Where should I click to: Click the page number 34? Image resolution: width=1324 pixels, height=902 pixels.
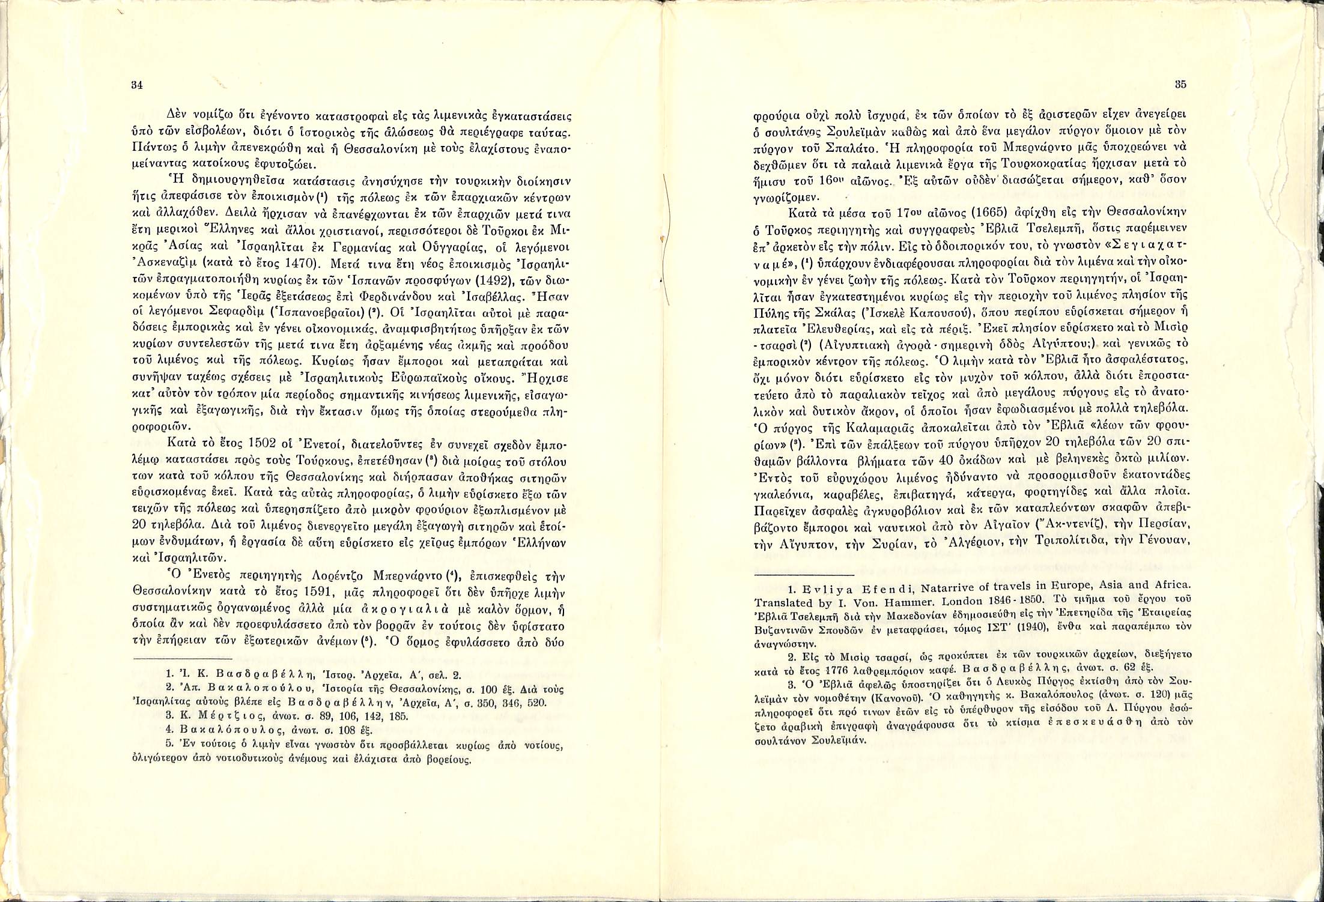136,85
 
